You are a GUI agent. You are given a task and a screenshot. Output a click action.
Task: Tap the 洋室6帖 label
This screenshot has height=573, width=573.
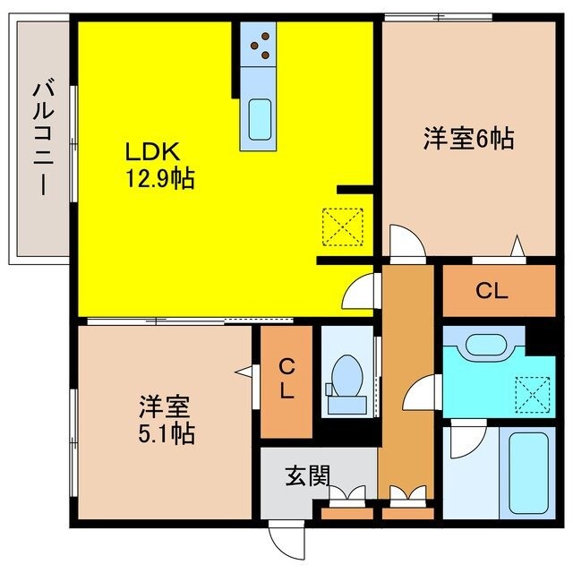(x=468, y=139)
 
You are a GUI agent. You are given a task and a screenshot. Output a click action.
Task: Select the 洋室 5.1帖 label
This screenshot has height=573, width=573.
(x=167, y=420)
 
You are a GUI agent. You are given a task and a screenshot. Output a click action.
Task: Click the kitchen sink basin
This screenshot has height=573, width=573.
(x=260, y=116)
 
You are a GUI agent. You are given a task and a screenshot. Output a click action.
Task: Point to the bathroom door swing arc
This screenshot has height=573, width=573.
(x=462, y=440)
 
